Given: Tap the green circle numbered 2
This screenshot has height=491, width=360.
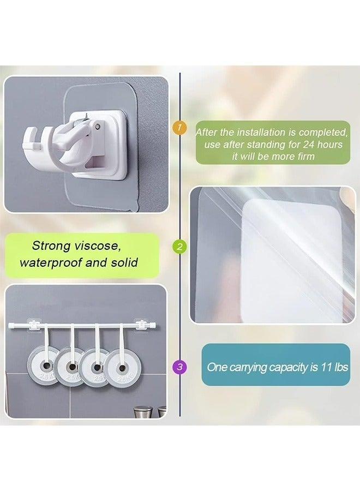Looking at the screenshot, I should pos(178,247).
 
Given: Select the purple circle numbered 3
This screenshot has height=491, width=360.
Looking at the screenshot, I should pos(178,367).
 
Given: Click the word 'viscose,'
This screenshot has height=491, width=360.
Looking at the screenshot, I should pos(105,246).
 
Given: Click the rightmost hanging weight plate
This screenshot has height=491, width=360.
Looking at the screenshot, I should pos(119,364).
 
